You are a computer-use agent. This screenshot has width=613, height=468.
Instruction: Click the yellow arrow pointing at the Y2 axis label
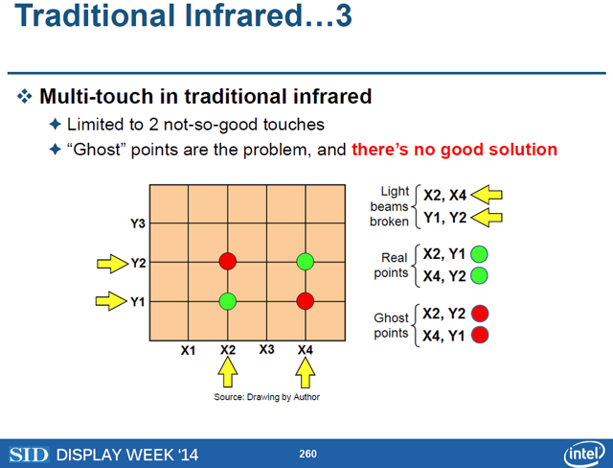point(113,264)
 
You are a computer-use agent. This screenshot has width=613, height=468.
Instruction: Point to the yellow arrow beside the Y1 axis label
point(112,301)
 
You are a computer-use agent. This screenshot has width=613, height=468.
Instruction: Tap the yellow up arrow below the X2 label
point(228,372)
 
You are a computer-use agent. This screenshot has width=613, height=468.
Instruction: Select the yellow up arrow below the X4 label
point(306,372)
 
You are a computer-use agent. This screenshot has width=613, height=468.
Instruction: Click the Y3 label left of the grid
point(138,223)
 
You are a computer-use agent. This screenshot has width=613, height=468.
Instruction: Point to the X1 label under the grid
point(188,350)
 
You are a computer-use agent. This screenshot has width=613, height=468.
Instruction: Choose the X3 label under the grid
point(266,349)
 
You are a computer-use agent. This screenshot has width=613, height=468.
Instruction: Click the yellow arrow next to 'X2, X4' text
point(487,195)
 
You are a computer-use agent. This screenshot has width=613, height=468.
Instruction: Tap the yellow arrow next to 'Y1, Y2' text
point(487,218)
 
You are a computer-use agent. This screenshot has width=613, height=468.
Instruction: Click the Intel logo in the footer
point(584,454)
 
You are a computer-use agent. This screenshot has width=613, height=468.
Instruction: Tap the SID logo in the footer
point(30,455)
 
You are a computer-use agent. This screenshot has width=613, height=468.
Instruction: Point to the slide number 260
point(307,454)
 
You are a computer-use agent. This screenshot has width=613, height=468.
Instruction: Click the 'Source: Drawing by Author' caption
point(266,397)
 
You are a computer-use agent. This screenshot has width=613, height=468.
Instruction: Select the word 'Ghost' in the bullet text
point(97,150)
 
